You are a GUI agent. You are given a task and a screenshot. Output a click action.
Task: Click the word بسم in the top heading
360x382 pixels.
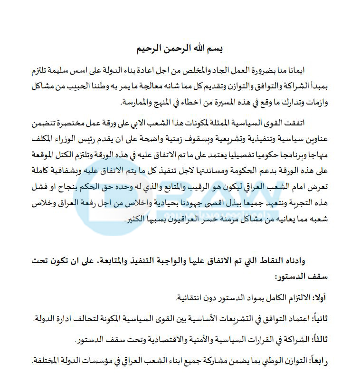coord(216,48)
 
